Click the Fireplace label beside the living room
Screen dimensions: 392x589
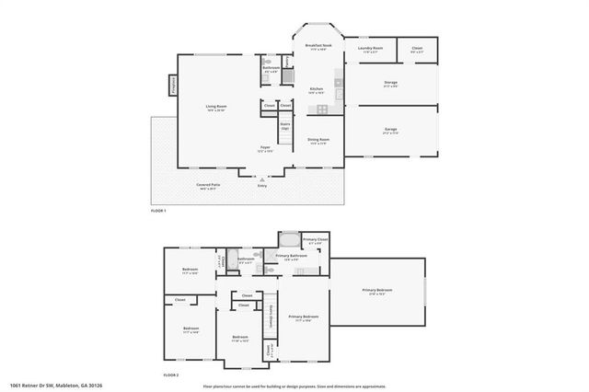[172, 86]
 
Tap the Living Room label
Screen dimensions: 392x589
[216, 109]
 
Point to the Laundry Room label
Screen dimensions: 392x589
[371, 51]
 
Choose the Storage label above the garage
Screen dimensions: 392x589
[390, 84]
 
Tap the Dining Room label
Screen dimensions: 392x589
[318, 141]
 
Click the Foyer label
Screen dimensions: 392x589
[265, 148]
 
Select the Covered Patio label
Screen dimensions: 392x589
[208, 187]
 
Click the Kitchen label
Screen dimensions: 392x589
[316, 91]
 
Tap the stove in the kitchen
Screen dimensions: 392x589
[322, 111]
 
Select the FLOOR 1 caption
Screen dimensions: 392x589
[158, 211]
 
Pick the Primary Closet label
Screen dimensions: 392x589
[315, 241]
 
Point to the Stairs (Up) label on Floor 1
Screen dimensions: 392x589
[285, 126]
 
